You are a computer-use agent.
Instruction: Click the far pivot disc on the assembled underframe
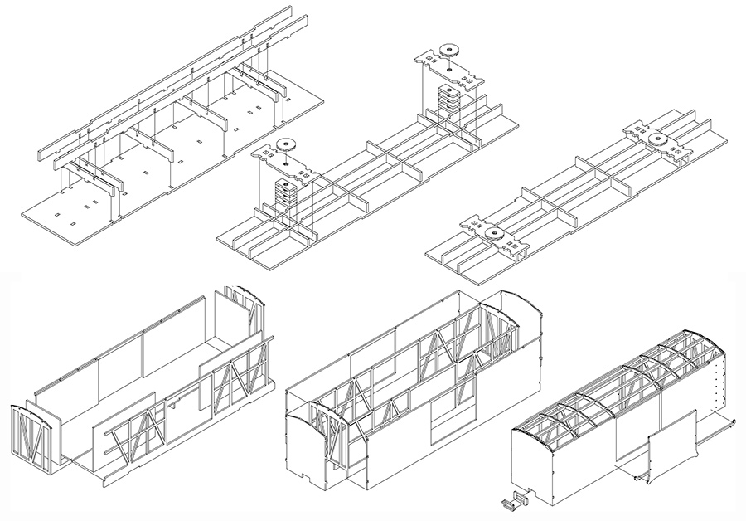pos(661,139)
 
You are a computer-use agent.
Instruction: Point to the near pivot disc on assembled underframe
pos(495,234)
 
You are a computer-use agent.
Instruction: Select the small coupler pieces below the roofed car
pos(515,499)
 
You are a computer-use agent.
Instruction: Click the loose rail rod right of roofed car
pos(719,425)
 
